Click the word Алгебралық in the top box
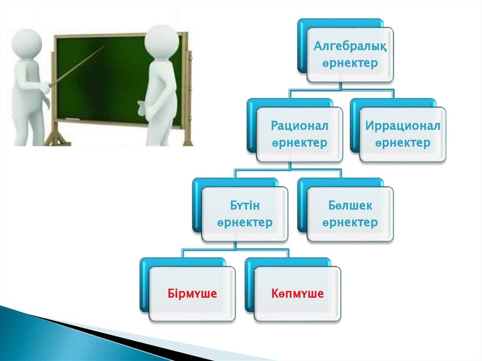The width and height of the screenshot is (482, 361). pos(350,47)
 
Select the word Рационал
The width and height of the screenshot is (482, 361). pos(299,126)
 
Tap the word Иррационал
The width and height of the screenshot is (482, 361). pos(403,126)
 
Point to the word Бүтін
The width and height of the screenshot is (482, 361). pos(245,205)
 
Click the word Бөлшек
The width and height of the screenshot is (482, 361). pos(350,205)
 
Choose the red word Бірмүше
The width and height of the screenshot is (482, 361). pos(192,293)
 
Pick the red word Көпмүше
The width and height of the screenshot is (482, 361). pos(297,293)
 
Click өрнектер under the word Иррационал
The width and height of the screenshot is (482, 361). pos(403,143)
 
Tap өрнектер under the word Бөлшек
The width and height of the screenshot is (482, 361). pos(350,223)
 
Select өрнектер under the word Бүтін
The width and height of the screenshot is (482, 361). pos(245,223)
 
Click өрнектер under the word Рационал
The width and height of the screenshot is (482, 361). pos(299,143)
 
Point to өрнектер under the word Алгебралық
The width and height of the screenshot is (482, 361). pos(350,64)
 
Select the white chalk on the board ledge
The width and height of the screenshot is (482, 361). pos(72,119)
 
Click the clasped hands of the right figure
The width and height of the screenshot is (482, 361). pos(142,108)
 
